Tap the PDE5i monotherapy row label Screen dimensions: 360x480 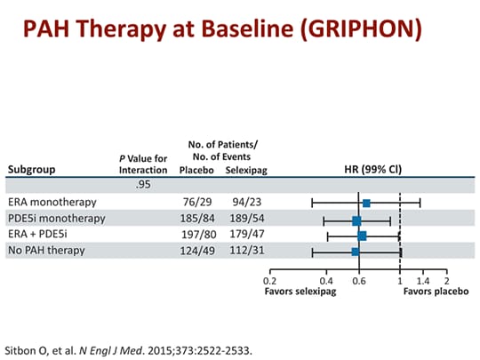pos(56,219)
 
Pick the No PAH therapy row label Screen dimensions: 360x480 pos(45,251)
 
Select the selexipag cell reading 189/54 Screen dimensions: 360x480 pos(243,219)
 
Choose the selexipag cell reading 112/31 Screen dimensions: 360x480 pos(243,251)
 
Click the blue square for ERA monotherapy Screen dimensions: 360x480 pos(366,204)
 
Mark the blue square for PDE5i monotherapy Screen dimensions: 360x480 pos(356,220)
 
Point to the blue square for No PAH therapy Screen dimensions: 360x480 pos(356,252)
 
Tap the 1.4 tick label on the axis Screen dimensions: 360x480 pos(423,281)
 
